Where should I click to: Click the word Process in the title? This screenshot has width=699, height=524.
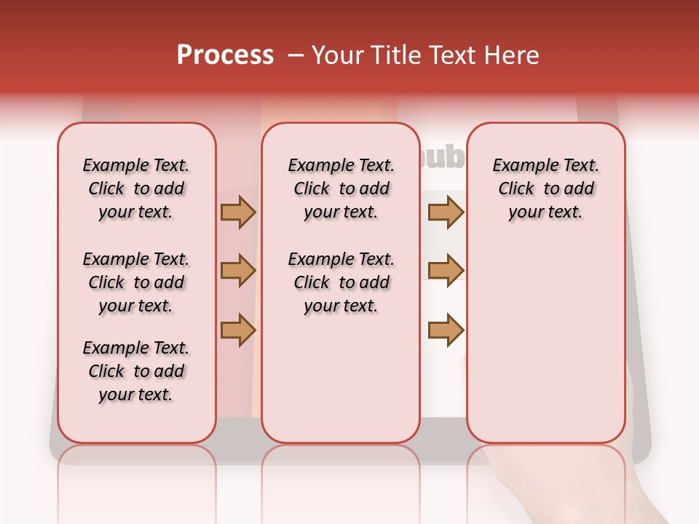tap(225, 55)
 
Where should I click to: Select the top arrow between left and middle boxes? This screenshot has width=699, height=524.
tap(238, 212)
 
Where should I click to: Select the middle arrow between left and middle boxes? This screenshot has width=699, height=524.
tap(238, 271)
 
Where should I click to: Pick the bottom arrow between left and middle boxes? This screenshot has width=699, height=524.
tap(238, 330)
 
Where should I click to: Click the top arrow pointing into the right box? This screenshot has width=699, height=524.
tap(446, 212)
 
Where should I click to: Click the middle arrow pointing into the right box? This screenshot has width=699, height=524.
tap(446, 271)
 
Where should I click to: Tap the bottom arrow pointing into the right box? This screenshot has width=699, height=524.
tap(446, 330)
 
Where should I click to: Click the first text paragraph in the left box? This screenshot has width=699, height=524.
tap(136, 188)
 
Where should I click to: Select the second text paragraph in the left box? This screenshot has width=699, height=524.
tap(136, 282)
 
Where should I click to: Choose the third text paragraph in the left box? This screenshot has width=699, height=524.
tap(136, 371)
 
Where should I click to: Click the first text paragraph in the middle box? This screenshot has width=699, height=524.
tap(341, 188)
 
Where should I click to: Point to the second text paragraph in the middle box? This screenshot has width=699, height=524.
tap(341, 282)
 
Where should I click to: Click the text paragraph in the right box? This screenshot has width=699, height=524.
tap(545, 188)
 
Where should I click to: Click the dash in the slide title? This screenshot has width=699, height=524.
tap(296, 56)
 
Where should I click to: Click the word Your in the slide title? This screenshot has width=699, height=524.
tap(337, 55)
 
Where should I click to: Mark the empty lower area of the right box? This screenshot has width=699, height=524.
tap(545, 342)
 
